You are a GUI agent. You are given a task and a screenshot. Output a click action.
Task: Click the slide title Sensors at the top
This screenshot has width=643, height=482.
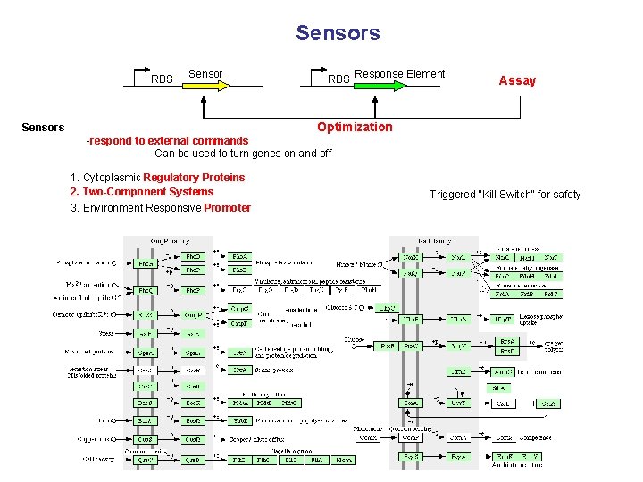click(x=338, y=34)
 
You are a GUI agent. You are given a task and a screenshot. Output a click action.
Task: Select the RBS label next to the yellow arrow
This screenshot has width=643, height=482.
click(x=162, y=79)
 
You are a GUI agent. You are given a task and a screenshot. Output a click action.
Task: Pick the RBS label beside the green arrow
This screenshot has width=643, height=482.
click(x=338, y=79)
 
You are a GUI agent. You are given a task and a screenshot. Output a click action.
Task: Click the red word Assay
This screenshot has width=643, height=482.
click(x=517, y=80)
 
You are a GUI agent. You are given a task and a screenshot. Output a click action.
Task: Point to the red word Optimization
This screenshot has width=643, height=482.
click(x=355, y=127)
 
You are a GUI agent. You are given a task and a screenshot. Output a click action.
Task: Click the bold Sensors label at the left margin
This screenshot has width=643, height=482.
click(x=43, y=127)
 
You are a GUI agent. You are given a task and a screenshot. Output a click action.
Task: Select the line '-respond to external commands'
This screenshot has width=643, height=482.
click(x=167, y=141)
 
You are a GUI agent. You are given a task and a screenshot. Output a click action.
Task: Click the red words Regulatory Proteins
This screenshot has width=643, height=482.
click(x=194, y=178)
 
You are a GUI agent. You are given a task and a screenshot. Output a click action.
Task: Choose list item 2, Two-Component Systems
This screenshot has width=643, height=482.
click(x=142, y=192)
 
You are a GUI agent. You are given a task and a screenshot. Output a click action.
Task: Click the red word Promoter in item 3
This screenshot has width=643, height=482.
click(x=227, y=208)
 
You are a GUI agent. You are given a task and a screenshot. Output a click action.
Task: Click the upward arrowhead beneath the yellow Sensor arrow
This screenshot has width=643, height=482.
click(x=204, y=100)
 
